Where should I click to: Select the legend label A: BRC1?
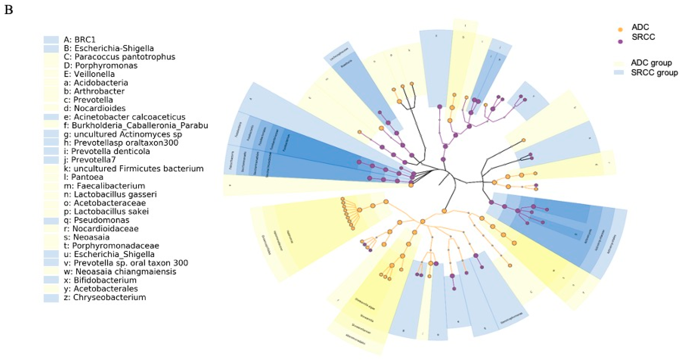(80, 40)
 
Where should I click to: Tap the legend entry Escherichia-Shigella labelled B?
(109, 48)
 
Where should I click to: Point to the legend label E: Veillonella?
(89, 74)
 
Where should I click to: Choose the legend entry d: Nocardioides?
(95, 108)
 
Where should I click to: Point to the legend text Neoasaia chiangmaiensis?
(120, 272)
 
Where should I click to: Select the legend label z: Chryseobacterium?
(105, 297)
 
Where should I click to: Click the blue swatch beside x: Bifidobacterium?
(51, 280)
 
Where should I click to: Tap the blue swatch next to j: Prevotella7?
(51, 160)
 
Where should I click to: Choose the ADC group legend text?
(651, 63)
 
